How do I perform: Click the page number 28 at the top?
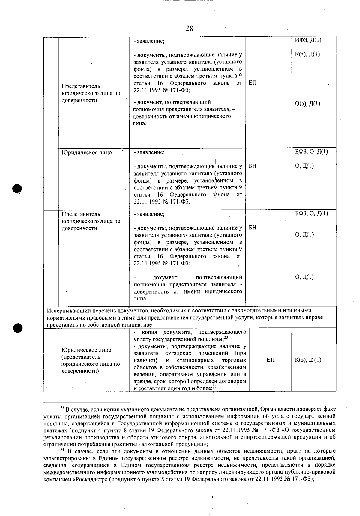tap(189, 29)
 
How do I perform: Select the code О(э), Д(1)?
tap(308, 104)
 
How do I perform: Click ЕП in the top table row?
tap(253, 83)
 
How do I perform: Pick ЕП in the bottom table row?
tap(271, 360)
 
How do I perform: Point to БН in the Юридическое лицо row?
tap(253, 166)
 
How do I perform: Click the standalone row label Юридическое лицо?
tap(87, 152)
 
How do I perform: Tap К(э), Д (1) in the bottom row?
tap(308, 360)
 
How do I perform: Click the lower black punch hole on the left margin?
tap(18, 328)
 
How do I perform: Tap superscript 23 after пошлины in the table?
tap(226, 338)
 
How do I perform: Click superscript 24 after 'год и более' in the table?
tap(214, 387)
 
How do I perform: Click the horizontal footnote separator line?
tap(87, 402)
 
